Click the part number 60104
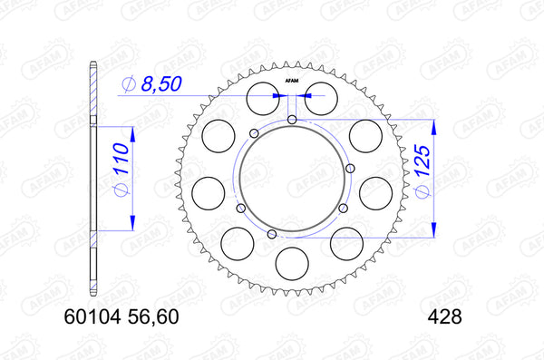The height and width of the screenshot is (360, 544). click(92, 318)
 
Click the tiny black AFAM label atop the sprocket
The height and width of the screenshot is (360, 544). click(292, 82)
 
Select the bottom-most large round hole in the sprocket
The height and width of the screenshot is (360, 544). click(291, 264)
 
